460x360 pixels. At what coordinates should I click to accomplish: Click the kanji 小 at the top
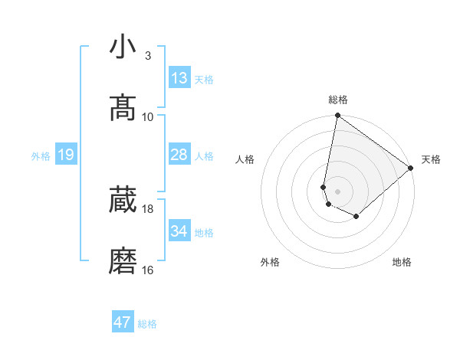click(x=123, y=47)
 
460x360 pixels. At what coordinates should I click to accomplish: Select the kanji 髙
click(x=123, y=109)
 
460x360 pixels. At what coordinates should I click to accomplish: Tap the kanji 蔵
click(x=123, y=201)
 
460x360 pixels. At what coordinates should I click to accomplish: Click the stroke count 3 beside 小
click(x=148, y=55)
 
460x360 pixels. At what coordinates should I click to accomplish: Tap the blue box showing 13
click(x=179, y=78)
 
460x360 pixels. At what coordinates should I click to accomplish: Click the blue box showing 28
click(x=179, y=155)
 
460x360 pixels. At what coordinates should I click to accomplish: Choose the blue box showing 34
click(x=179, y=231)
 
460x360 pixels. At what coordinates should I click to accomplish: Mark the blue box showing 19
click(x=65, y=155)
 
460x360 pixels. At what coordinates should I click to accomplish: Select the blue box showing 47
click(x=123, y=322)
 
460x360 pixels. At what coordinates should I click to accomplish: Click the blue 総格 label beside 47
click(x=147, y=324)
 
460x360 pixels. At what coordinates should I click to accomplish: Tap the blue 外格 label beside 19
click(x=41, y=156)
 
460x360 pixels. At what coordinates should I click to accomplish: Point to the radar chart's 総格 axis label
click(x=338, y=100)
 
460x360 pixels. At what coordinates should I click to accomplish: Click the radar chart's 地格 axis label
click(x=402, y=262)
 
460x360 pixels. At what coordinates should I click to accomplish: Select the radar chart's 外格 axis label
click(x=270, y=262)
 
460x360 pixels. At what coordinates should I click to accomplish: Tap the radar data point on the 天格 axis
click(x=412, y=168)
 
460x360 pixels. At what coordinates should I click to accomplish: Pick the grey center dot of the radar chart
click(x=338, y=191)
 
